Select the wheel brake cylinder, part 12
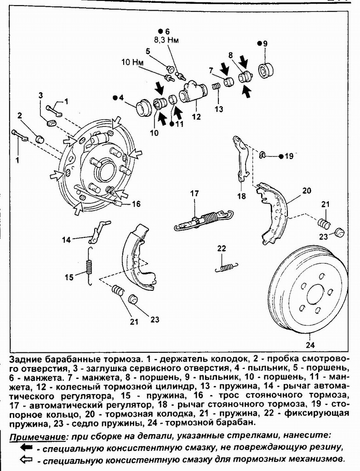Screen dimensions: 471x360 193,92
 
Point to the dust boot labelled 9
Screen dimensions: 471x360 266,70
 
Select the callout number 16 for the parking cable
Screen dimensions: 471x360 136,204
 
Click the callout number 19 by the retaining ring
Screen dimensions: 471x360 289,156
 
